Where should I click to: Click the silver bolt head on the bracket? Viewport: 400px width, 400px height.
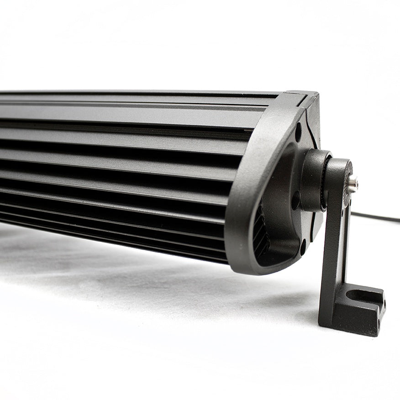click(353, 184)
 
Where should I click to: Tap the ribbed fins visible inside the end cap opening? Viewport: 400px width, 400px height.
click(262, 233)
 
